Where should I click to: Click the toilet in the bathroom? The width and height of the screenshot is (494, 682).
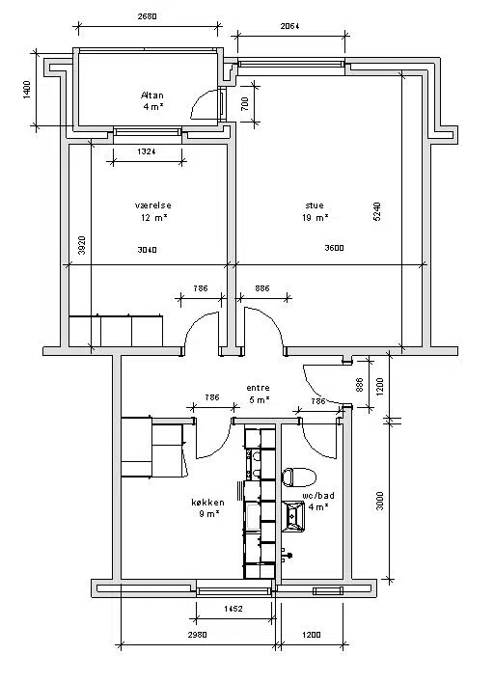pyautogui.click(x=298, y=477)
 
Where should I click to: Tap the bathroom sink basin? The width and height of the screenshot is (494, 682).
pyautogui.click(x=293, y=516)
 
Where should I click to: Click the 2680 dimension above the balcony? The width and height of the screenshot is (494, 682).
pyautogui.click(x=147, y=17)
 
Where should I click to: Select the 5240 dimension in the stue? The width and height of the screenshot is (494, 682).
pyautogui.click(x=377, y=211)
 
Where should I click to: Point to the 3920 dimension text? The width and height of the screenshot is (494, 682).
pyautogui.click(x=81, y=245)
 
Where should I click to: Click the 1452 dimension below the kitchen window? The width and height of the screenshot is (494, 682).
pyautogui.click(x=233, y=609)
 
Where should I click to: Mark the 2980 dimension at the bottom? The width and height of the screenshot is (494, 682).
pyautogui.click(x=197, y=635)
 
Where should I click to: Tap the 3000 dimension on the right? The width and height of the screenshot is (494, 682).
pyautogui.click(x=380, y=501)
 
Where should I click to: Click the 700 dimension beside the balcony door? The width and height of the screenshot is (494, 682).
pyautogui.click(x=244, y=103)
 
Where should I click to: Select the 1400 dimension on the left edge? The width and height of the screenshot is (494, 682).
pyautogui.click(x=27, y=90)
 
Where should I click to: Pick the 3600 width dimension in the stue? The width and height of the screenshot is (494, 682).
pyautogui.click(x=335, y=248)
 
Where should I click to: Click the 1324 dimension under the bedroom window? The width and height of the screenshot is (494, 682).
pyautogui.click(x=147, y=151)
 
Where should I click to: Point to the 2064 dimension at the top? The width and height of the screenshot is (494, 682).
pyautogui.click(x=290, y=26)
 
